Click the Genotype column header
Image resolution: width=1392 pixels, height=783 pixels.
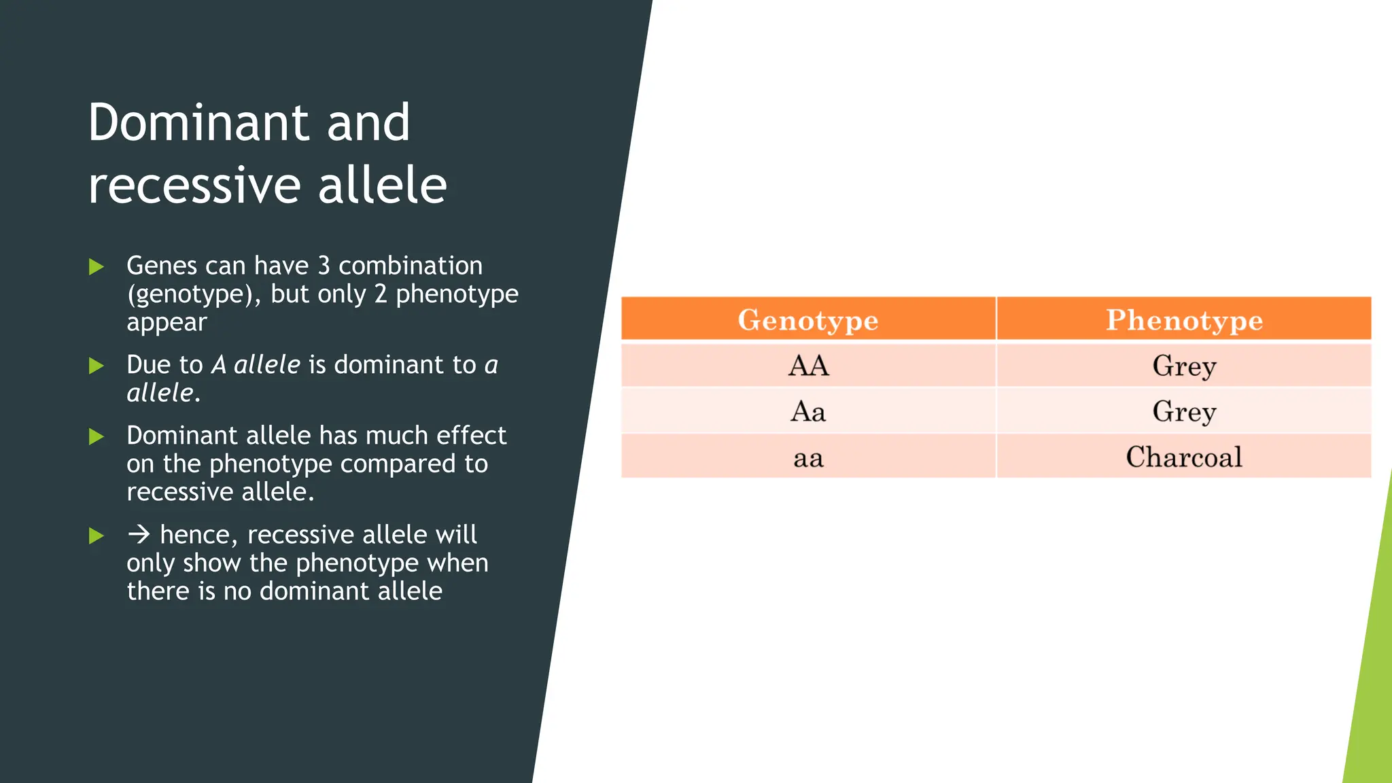(x=808, y=319)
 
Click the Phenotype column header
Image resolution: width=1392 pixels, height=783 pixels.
(x=1184, y=319)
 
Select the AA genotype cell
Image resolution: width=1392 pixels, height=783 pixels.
(x=808, y=366)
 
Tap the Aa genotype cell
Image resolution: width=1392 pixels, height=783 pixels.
(x=808, y=411)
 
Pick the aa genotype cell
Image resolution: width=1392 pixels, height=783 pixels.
(x=808, y=457)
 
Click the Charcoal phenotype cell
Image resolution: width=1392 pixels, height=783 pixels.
(x=1184, y=457)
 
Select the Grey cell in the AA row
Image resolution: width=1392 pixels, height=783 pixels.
(x=1184, y=366)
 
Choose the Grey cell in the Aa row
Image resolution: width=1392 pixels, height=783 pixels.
(x=1184, y=411)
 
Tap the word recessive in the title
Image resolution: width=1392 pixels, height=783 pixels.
(x=194, y=186)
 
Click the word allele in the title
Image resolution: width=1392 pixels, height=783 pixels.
(x=382, y=185)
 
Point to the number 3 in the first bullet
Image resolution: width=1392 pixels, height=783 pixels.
(x=324, y=266)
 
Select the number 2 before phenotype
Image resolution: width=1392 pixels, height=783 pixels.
(x=381, y=294)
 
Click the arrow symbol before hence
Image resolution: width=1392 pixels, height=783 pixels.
(x=139, y=535)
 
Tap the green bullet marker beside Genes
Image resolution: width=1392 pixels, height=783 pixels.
(x=97, y=266)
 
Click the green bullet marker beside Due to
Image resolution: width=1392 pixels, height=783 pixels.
(x=97, y=366)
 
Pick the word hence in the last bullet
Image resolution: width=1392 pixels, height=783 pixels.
(x=198, y=535)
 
